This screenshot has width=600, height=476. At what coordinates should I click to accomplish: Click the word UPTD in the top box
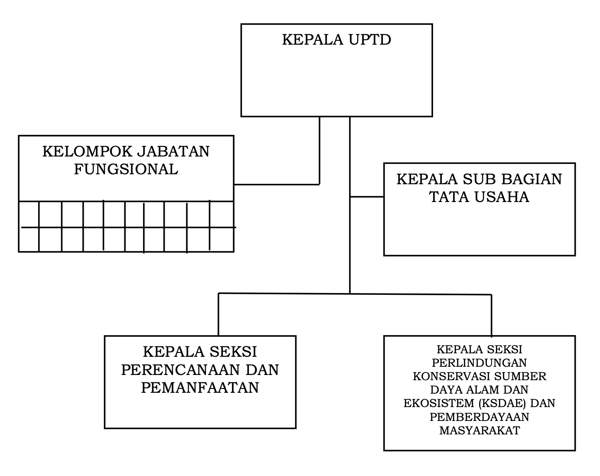click(x=369, y=39)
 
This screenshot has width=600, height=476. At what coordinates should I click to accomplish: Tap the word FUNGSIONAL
click(x=126, y=170)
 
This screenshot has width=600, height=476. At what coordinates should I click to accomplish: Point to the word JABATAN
click(x=173, y=152)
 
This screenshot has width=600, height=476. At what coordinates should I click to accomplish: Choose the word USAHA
click(x=502, y=197)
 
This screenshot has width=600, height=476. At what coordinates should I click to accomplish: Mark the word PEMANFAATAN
click(x=200, y=388)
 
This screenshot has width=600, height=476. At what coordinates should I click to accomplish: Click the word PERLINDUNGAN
click(x=479, y=363)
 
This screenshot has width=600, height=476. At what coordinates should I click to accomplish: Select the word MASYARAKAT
click(x=479, y=430)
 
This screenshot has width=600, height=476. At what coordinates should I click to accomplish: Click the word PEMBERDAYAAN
click(x=479, y=417)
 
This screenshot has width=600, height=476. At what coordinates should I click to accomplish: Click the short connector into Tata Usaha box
click(x=367, y=197)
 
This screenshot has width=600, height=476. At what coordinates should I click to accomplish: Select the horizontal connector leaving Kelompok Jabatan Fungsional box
click(x=277, y=184)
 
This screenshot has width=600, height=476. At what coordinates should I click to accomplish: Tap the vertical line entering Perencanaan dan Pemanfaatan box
click(x=218, y=314)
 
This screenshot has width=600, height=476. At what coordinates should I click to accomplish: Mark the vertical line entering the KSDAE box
click(x=491, y=315)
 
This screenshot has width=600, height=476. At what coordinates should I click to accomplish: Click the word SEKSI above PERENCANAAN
click(x=233, y=352)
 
